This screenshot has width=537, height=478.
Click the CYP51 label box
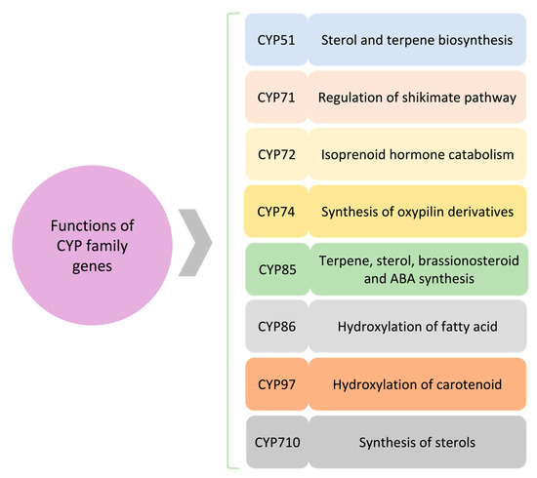(275, 40)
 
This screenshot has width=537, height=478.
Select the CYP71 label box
(275, 97)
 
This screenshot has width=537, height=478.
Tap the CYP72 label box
(275, 154)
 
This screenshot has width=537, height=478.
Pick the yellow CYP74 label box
(275, 212)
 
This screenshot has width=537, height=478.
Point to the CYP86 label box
(275, 327)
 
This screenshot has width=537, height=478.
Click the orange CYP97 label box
(275, 384)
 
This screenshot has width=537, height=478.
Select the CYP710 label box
(275, 442)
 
